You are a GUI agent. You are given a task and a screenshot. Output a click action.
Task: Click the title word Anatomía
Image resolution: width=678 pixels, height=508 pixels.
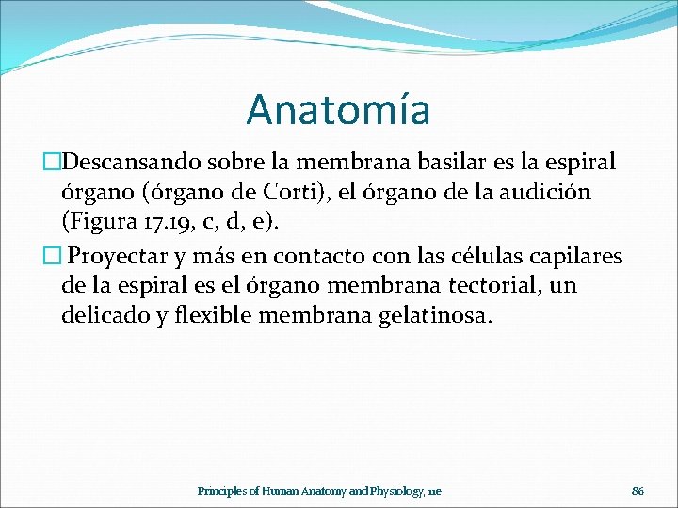338,109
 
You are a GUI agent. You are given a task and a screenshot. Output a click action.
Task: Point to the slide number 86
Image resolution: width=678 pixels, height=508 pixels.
637,491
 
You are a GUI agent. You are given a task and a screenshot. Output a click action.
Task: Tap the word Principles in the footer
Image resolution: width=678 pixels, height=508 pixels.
223,491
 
